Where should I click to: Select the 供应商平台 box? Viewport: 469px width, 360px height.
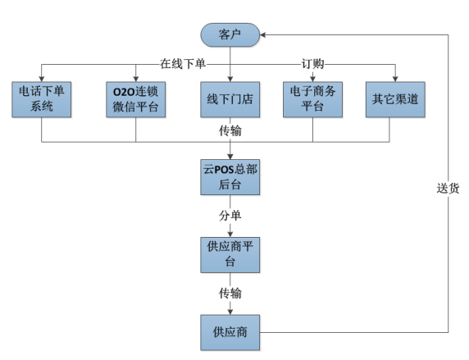click(x=230, y=254)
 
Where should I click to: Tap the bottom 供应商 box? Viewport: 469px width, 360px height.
click(x=230, y=333)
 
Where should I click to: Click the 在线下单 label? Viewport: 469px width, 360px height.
click(x=184, y=63)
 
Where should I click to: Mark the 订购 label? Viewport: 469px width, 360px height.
click(x=312, y=63)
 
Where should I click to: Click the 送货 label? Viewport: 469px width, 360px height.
click(x=448, y=187)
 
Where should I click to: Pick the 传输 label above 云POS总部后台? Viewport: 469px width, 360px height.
click(x=230, y=131)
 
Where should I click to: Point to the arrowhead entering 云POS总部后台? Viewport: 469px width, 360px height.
click(x=230, y=158)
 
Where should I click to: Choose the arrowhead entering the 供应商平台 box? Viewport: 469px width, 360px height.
click(x=230, y=234)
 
